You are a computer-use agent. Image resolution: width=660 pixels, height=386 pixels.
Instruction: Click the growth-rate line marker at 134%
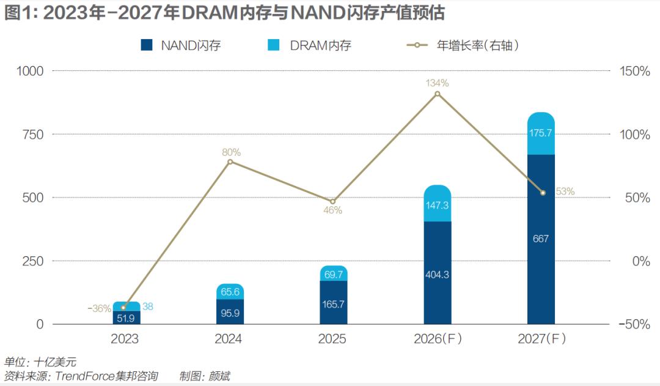pos(437,94)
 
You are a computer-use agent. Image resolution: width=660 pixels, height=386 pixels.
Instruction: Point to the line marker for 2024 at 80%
pos(230,161)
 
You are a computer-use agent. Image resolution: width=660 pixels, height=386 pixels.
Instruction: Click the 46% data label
pos(332,210)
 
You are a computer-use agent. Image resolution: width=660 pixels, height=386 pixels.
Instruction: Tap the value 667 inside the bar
pos(540,239)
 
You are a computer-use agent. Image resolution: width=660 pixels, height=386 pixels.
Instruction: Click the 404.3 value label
pos(437,275)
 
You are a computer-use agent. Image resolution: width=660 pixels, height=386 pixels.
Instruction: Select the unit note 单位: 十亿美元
pos(40,362)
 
